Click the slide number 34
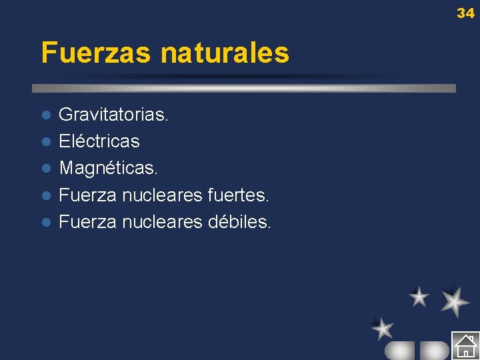tap(465, 13)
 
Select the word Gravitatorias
tap(113, 115)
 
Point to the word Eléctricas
tap(99, 141)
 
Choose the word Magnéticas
tap(108, 168)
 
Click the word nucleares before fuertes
tap(163, 195)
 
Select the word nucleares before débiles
tap(163, 221)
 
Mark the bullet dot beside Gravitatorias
tap(45, 115)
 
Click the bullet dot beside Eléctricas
tap(45, 142)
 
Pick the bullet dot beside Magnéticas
tap(45, 169)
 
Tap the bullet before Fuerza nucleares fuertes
tap(45, 195)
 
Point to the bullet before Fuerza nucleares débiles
tap(45, 222)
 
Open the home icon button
tap(465, 345)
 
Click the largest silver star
tap(455, 301)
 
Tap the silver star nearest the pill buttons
tap(383, 328)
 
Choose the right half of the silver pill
tap(435, 350)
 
